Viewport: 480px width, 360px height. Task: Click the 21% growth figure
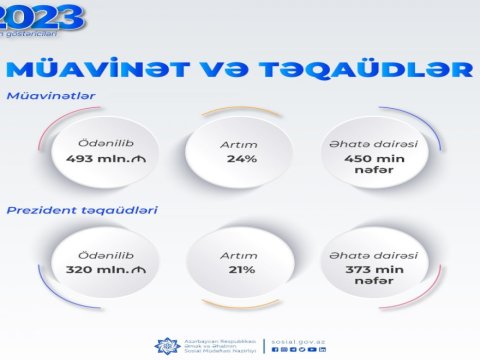239,270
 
